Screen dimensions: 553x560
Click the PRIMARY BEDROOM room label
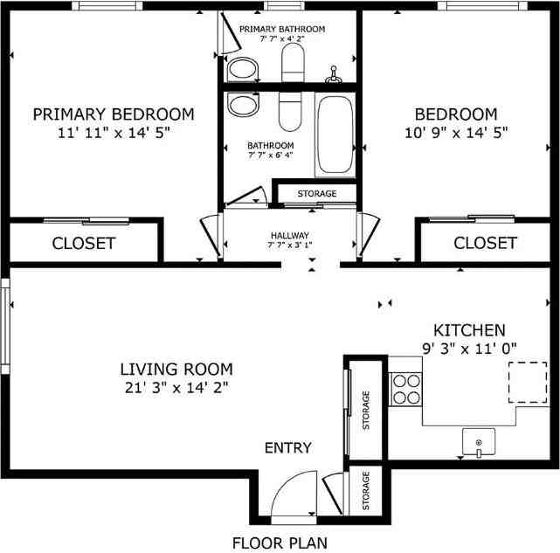pos(114,114)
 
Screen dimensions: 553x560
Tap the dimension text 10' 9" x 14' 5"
pos(455,132)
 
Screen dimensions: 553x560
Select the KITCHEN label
pos(469,330)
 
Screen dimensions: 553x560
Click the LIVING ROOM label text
pos(176,369)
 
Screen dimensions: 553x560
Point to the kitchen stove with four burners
pos(404,388)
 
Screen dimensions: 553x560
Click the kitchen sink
pos(478,442)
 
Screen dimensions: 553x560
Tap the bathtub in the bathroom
pos(335,135)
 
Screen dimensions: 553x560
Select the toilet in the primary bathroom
pos(292,59)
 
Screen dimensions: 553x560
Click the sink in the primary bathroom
pos(238,68)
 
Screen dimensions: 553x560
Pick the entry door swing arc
pos(293,494)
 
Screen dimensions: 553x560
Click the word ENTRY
pos(288,448)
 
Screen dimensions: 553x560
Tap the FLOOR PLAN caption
pos(280,543)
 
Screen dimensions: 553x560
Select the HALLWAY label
pos(290,235)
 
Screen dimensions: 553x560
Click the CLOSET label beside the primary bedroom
pos(84,243)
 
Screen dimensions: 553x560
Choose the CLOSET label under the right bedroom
pos(485,243)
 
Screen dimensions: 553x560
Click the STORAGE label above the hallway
pos(316,193)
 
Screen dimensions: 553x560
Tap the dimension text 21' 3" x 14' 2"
pos(176,386)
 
